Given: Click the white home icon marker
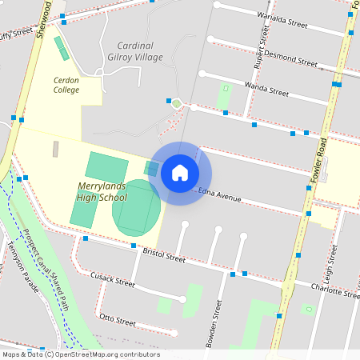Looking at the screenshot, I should [179, 172].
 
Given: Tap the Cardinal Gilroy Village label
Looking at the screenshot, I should [139, 51].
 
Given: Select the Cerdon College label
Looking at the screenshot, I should [66, 85].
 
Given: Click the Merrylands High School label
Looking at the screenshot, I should [102, 191].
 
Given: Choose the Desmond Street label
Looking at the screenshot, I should [288, 58].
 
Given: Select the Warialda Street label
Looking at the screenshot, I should [282, 20].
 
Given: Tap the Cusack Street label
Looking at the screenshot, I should [113, 280].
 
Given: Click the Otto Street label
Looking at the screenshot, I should [117, 319].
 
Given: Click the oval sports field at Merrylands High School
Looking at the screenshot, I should [135, 208].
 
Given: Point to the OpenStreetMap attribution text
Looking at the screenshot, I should [80, 354].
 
